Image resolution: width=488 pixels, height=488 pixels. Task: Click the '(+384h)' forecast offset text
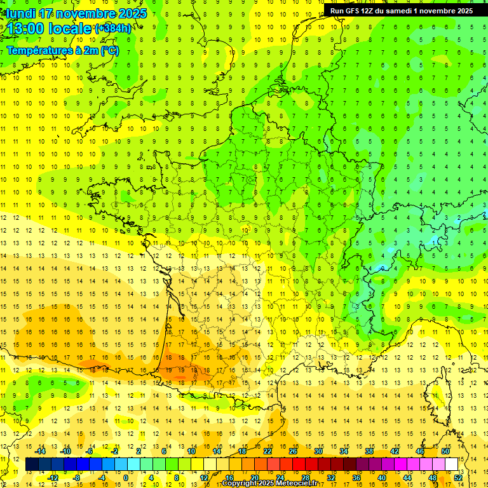point(113,29)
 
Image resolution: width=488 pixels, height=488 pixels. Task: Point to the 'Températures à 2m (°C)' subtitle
point(62,50)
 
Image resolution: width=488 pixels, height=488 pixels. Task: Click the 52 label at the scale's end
point(458,477)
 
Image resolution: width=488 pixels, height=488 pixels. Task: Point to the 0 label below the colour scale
point(126,477)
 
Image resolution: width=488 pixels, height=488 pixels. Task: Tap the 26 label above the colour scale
point(293,451)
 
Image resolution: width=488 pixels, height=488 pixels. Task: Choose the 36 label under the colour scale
point(356,477)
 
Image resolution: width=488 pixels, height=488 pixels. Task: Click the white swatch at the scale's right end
point(452,464)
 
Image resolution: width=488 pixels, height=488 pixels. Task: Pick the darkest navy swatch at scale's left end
point(32,464)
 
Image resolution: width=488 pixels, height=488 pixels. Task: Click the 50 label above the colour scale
point(445,451)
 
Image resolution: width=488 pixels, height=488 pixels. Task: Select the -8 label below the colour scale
point(77,477)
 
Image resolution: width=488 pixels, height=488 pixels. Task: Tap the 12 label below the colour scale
point(204,477)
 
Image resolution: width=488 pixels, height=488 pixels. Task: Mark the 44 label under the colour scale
point(407,477)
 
